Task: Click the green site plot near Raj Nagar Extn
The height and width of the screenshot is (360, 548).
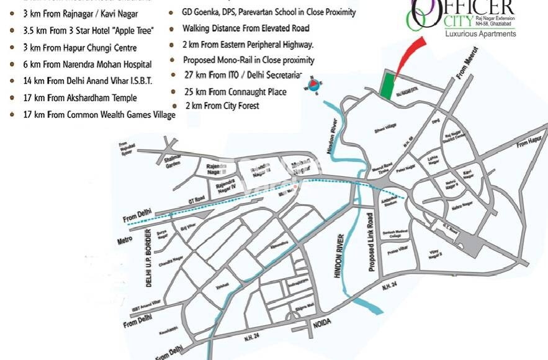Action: tap(387, 86)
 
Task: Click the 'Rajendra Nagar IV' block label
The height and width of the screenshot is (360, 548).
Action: tap(224, 187)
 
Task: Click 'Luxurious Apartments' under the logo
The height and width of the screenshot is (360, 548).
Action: tap(480, 34)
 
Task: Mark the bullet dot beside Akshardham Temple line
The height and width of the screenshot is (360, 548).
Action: tap(12, 98)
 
